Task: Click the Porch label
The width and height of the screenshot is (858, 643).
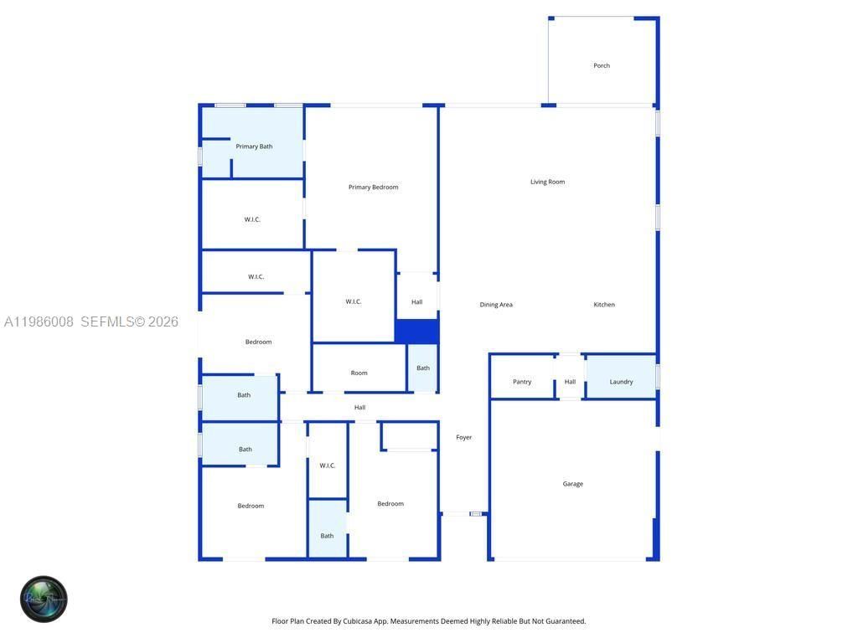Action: [602, 65]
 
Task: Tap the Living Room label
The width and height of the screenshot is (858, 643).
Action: [547, 182]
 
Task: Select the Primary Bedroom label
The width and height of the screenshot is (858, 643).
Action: [373, 187]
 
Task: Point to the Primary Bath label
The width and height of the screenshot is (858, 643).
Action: [254, 147]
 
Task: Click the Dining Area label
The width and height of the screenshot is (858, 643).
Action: [496, 305]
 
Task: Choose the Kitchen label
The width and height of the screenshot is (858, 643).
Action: [604, 305]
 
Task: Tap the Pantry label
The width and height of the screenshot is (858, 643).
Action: [522, 382]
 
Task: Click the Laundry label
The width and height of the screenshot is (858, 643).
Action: [621, 382]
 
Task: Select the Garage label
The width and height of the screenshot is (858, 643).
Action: [573, 484]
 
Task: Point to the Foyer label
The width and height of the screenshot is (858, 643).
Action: [464, 437]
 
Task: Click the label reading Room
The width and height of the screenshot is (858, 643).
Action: [359, 373]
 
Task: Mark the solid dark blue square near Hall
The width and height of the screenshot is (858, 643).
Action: [416, 331]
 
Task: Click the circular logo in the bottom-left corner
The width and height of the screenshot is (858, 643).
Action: [44, 599]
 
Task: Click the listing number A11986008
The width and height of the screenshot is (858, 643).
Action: [39, 321]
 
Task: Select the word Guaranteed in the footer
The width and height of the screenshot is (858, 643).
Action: [566, 621]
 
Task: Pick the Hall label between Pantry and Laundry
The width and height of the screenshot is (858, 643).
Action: [570, 382]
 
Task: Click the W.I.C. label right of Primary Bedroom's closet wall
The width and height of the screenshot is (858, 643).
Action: [354, 301]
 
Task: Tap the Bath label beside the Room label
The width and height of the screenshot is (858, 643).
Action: [423, 368]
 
